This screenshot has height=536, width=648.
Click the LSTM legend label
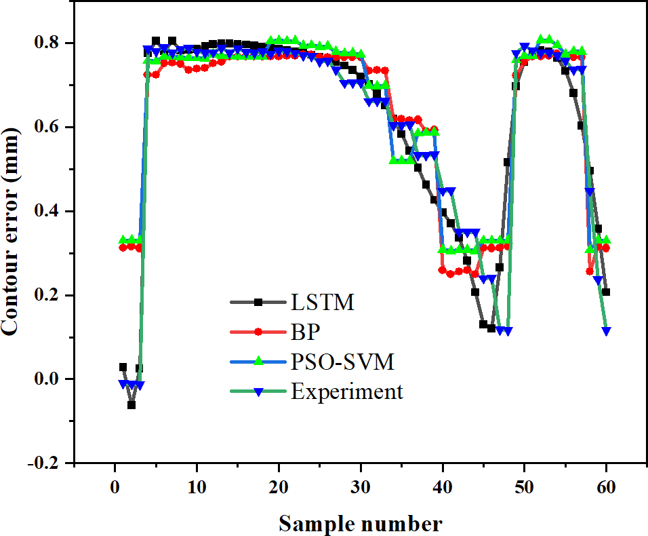[x=323, y=302]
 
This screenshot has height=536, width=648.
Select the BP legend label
[x=306, y=332]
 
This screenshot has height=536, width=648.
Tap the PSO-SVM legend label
[x=342, y=362]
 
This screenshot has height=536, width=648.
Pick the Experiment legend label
[x=347, y=392]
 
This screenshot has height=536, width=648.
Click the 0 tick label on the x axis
[x=115, y=487]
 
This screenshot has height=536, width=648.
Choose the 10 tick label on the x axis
[x=197, y=487]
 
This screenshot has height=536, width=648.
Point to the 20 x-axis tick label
[x=279, y=487]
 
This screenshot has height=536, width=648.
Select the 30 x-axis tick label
[x=361, y=487]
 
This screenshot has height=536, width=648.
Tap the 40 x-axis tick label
[x=443, y=487]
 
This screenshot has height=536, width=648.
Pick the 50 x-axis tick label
[x=525, y=487]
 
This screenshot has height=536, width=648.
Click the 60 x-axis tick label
[x=607, y=487]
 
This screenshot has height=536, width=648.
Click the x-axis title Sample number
[x=361, y=523]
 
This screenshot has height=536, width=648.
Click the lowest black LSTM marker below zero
[x=131, y=405]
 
